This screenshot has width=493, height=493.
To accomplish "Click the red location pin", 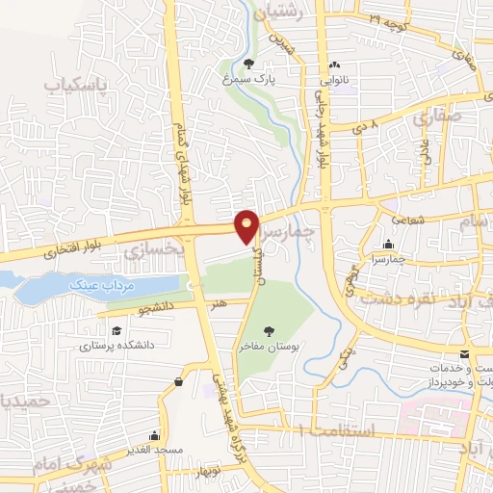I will coord(246,226).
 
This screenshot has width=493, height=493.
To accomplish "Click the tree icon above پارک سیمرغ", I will coord(248,65).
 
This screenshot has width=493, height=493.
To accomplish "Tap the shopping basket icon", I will coord(180,382).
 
